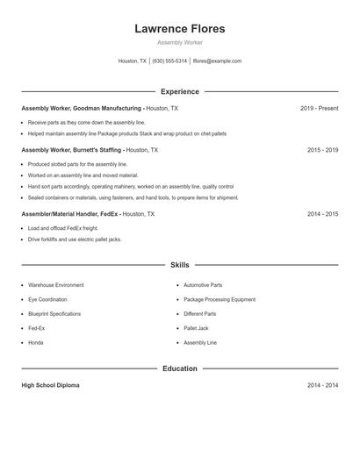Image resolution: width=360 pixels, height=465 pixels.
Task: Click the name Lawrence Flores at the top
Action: (179, 29)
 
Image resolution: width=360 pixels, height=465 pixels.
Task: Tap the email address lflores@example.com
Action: (217, 61)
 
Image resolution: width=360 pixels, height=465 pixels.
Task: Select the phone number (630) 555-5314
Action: (169, 61)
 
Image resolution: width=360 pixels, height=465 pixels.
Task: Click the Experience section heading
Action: (179, 91)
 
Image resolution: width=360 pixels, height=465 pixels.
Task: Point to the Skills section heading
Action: (179, 264)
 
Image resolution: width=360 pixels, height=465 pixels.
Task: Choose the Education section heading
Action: (179, 368)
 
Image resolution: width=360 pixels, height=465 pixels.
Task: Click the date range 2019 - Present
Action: (319, 108)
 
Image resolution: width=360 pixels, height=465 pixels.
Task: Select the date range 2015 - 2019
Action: (322, 150)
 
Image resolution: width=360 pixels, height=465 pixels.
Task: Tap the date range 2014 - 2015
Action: (322, 213)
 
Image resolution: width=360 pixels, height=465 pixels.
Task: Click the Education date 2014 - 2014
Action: (322, 385)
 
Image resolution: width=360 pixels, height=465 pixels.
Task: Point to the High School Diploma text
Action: (50, 385)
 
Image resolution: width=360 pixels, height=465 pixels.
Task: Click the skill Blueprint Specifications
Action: (54, 313)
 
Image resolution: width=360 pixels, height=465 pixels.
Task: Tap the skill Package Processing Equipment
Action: (220, 299)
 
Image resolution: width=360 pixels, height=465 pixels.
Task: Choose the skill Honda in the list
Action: (35, 342)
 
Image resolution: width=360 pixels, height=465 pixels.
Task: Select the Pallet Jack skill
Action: (197, 328)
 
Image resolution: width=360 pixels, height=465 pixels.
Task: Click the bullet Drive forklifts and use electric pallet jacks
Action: (75, 239)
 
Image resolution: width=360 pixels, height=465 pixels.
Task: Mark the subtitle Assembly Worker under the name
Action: (179, 42)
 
